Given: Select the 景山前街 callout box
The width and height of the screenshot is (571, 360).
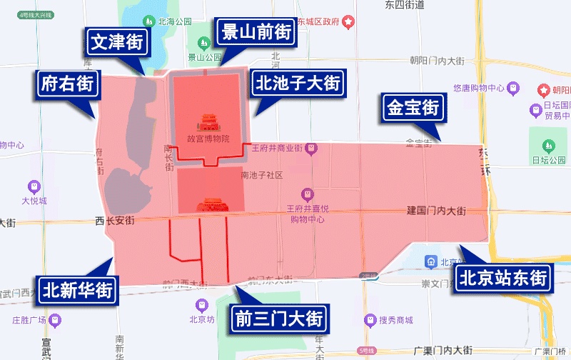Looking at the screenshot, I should pyautogui.click(x=256, y=31).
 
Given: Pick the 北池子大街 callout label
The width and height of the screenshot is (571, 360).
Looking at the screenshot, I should pyautogui.click(x=299, y=84).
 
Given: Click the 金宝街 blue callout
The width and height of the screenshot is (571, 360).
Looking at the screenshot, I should pyautogui.click(x=413, y=108).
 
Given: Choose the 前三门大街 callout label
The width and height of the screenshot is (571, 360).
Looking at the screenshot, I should pyautogui.click(x=279, y=318).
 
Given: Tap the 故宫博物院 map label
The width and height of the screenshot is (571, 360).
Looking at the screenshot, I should pyautogui.click(x=208, y=139).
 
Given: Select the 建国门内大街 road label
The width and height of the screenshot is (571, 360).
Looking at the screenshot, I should pyautogui.click(x=436, y=211).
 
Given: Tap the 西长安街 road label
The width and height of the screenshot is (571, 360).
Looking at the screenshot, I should pyautogui.click(x=114, y=221).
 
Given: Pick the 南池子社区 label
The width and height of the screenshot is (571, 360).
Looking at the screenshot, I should pyautogui.click(x=262, y=175).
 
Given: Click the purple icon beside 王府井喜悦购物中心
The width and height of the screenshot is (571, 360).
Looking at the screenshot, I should pyautogui.click(x=308, y=194).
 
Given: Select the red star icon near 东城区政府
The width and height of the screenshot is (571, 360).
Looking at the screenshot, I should pyautogui.click(x=348, y=21).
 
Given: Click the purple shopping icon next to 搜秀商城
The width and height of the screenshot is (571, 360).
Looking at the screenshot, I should pyautogui.click(x=370, y=319).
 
